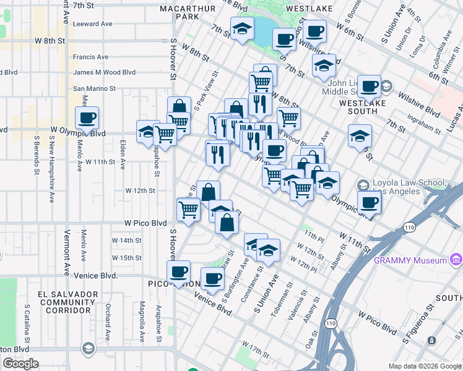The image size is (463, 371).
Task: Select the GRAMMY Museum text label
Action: tap(410, 260)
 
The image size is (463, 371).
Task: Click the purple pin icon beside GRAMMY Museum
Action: tap(457, 259)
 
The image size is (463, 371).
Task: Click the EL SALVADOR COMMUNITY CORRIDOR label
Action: tap(68, 302)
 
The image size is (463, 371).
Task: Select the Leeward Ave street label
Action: tap(92, 23)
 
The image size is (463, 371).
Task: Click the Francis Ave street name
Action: tap(90, 57)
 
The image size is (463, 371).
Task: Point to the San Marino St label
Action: tap(95, 88)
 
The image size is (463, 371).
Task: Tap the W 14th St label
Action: tap(126, 240)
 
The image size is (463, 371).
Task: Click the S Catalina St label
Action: tap(27, 323)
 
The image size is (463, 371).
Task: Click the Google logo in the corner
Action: tap(20, 364)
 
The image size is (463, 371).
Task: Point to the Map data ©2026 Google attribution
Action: tap(425, 366)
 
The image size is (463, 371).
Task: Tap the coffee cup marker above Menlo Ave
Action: tap(87, 117)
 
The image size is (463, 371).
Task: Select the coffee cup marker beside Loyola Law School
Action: tap(370, 203)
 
